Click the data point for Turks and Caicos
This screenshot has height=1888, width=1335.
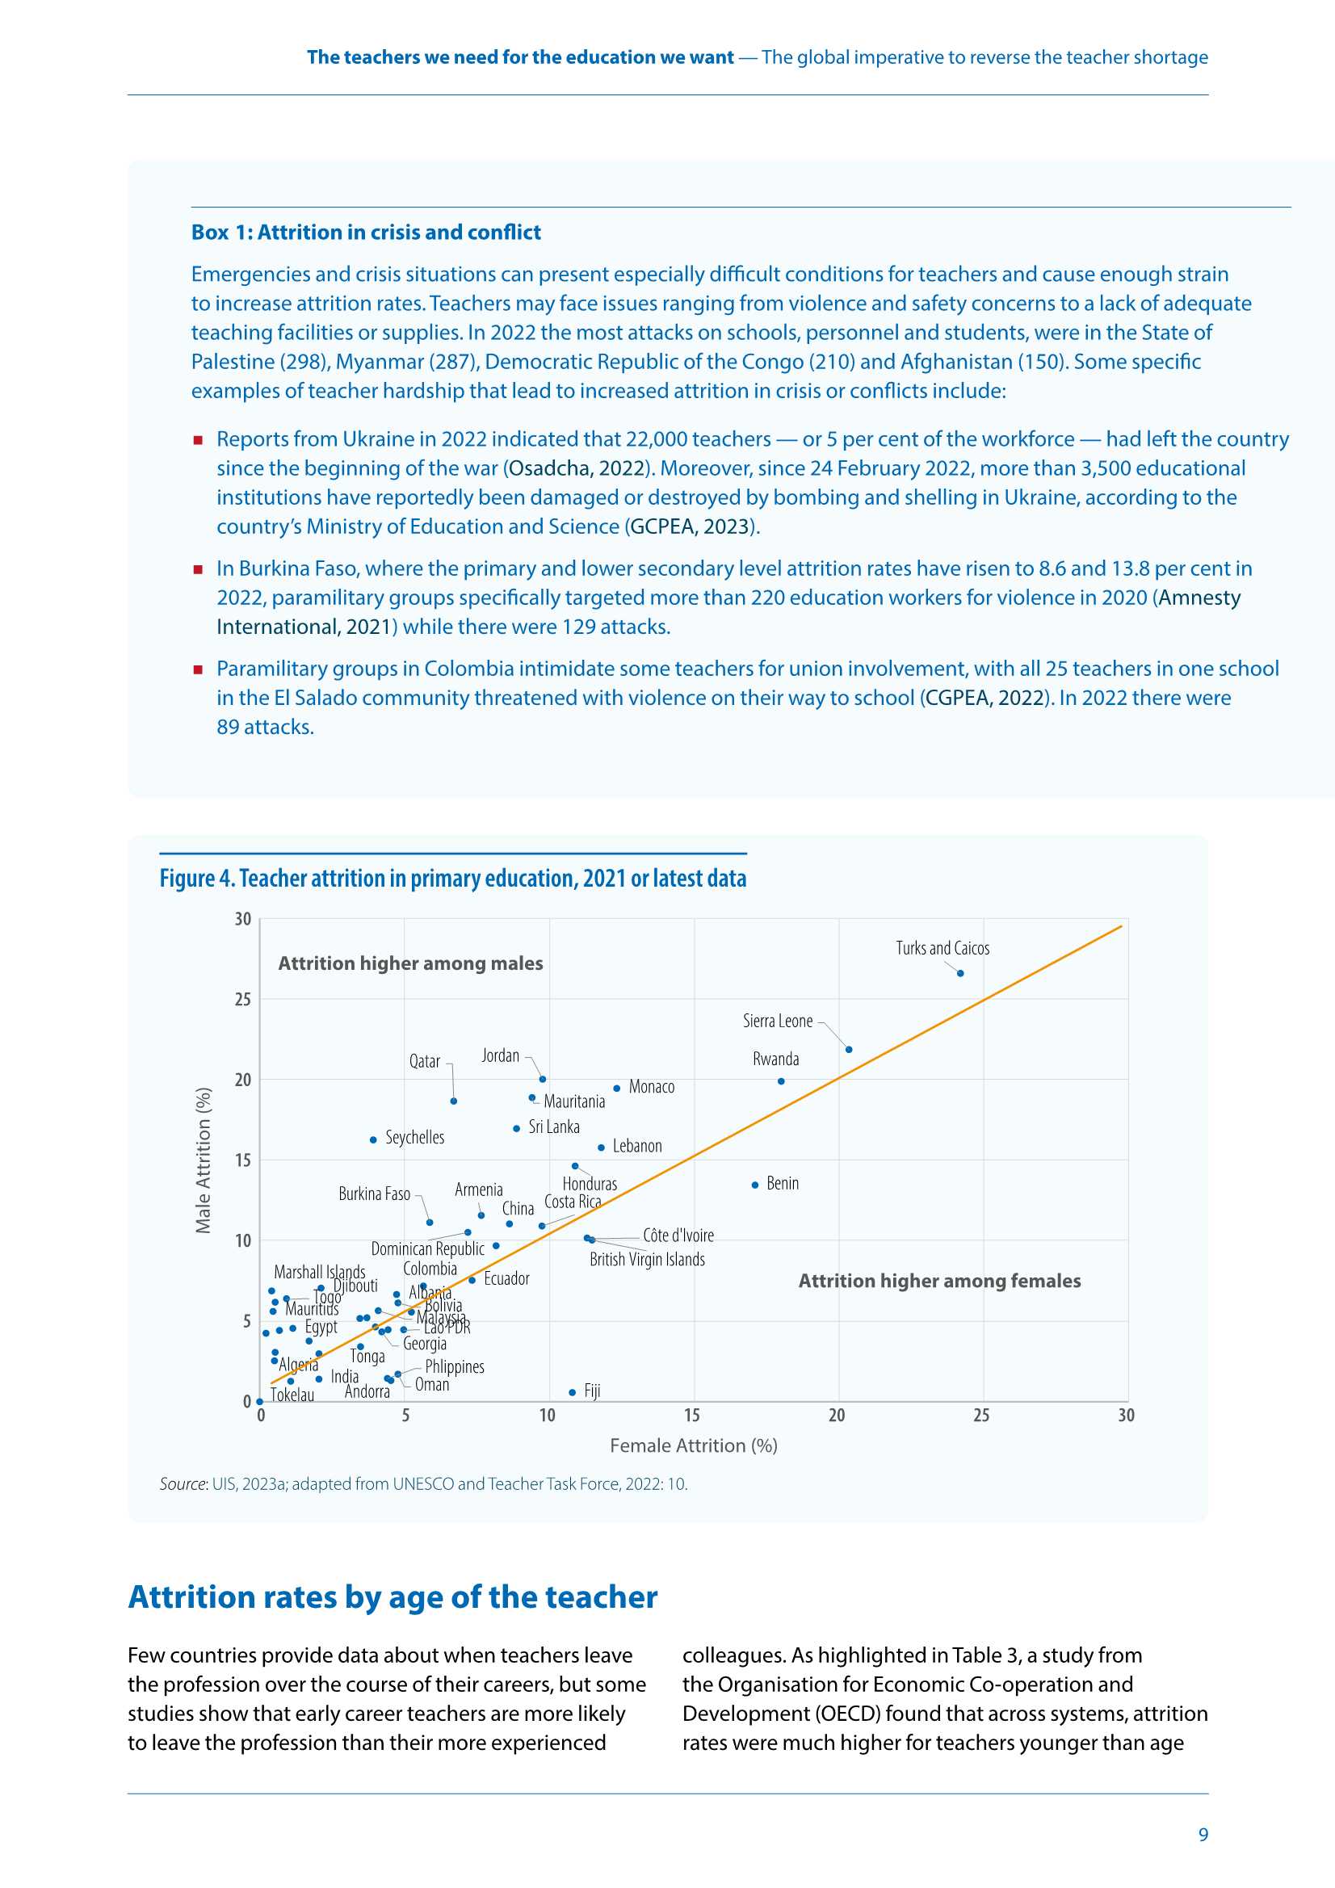tap(960, 973)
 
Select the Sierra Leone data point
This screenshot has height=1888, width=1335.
tap(849, 1049)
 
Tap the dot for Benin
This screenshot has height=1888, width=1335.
tap(754, 1185)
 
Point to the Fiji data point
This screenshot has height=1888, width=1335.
tap(573, 1392)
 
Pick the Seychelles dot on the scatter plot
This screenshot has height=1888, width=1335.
tap(373, 1139)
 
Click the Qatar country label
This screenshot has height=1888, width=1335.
tap(425, 1062)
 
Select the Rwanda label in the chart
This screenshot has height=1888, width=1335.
tap(775, 1059)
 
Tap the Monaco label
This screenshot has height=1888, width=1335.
tap(652, 1087)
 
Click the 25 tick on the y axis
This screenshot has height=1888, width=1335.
tap(242, 1000)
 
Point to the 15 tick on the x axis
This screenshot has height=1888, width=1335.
tap(692, 1415)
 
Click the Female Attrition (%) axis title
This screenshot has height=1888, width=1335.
tap(694, 1445)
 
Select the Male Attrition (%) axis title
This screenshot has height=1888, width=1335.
tap(204, 1160)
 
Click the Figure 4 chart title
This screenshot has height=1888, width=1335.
tap(452, 879)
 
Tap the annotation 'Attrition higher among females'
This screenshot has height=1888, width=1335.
tap(939, 1280)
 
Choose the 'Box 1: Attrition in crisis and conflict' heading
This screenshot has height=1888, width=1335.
tap(366, 233)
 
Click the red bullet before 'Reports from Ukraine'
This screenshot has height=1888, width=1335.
tap(198, 440)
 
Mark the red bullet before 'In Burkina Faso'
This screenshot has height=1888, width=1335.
tap(198, 569)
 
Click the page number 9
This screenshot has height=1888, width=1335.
tap(1203, 1835)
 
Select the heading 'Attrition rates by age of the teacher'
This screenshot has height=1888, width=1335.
tap(393, 1597)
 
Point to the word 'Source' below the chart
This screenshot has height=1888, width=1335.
tap(183, 1483)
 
